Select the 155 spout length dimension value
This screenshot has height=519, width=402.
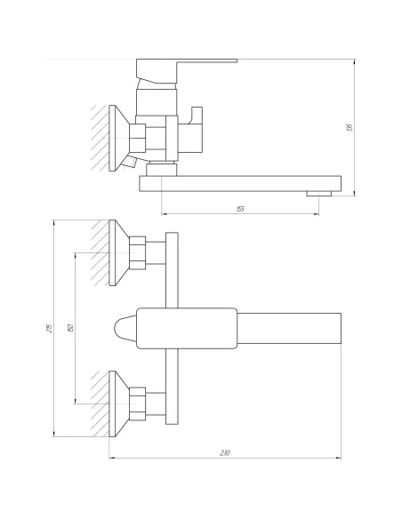coord(240,209)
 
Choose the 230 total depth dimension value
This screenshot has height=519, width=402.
coord(225,454)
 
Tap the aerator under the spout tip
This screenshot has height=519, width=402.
coord(314,192)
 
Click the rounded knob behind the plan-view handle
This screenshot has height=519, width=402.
coord(125,328)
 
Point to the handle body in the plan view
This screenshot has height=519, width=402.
coord(187,328)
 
